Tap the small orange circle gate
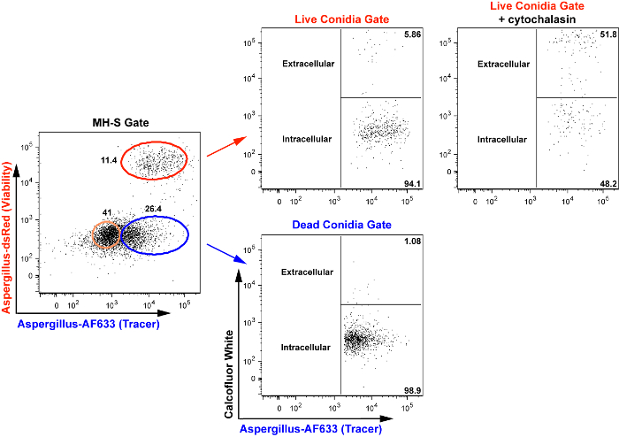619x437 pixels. [x=108, y=234]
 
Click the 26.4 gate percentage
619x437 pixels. [x=155, y=210]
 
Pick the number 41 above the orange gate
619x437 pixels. [x=108, y=212]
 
